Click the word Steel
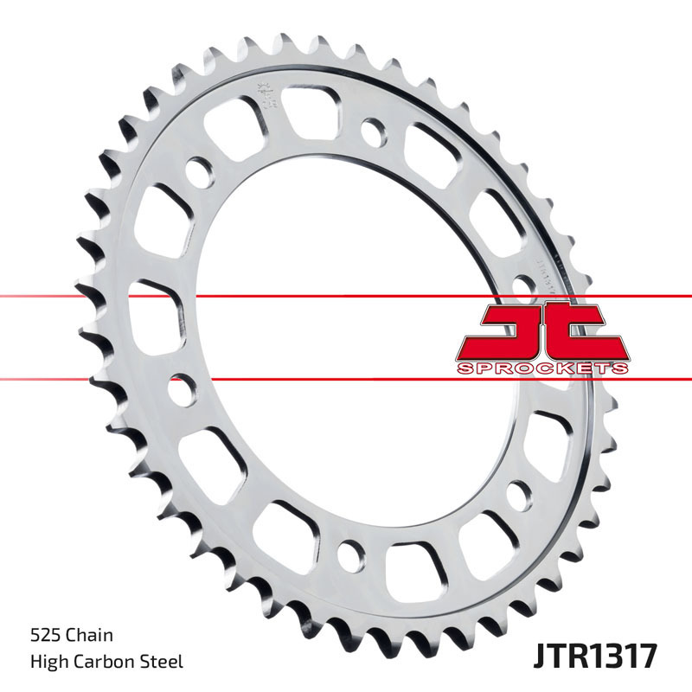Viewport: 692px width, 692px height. coord(163,662)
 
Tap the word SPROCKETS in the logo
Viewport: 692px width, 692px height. coord(541,368)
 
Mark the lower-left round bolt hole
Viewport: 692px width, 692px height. coord(181,388)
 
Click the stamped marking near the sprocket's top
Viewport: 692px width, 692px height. coord(263,90)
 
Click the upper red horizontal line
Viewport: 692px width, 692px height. coord(346,297)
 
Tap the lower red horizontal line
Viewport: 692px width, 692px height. coord(346,378)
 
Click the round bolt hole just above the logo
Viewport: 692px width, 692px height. coord(522,285)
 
